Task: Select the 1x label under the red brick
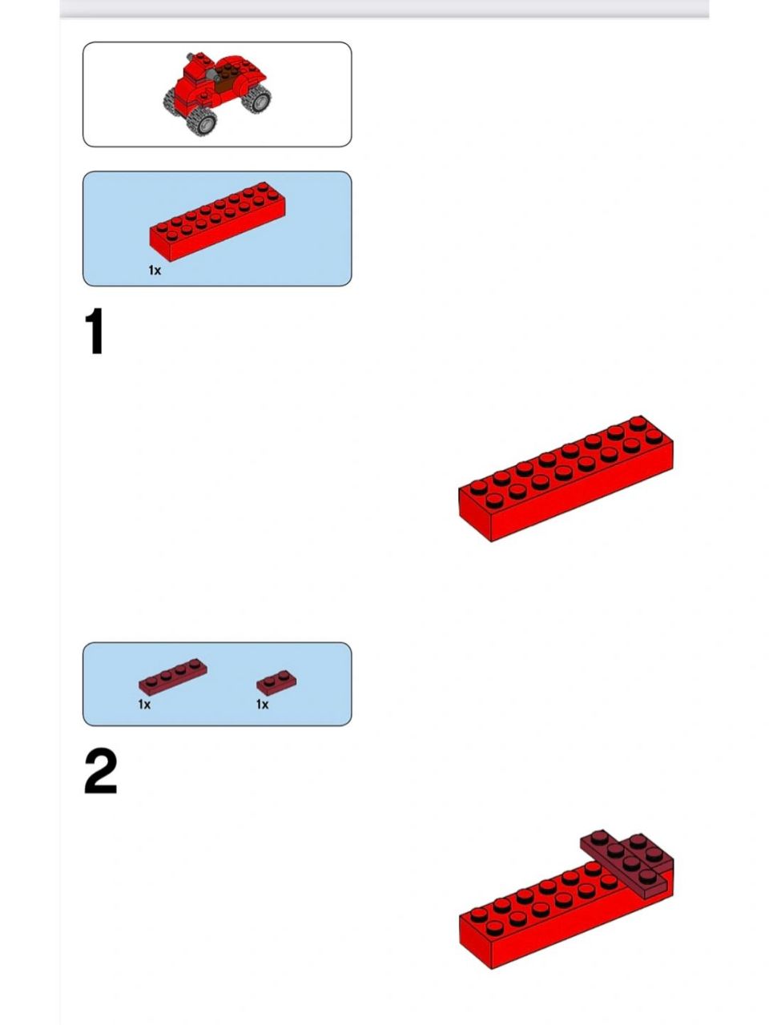155,270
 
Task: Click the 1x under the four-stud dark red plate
144,704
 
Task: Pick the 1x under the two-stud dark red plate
263,704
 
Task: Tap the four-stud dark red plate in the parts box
173,677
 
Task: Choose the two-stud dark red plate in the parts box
276,683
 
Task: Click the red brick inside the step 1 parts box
218,221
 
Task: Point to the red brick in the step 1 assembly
566,478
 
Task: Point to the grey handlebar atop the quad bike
191,57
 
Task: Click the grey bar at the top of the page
384,8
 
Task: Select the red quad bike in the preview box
218,94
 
